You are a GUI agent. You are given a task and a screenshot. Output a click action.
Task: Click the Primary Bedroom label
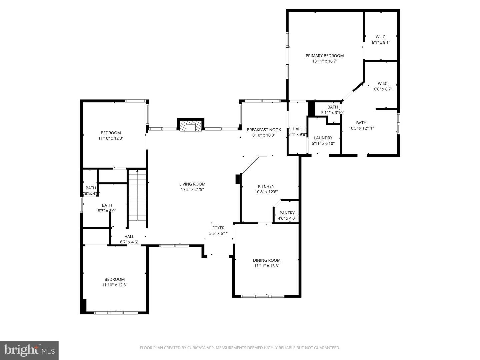324,56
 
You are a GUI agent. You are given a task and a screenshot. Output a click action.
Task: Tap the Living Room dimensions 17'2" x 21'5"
192,190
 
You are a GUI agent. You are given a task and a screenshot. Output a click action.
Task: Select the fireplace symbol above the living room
190,126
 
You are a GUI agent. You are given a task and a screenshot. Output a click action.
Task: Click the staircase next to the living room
137,195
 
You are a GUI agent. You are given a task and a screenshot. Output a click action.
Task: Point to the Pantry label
287,213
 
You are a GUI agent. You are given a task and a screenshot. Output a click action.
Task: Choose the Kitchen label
266,186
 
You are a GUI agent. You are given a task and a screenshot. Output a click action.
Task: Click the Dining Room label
266,260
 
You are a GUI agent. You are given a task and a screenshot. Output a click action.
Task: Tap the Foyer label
218,228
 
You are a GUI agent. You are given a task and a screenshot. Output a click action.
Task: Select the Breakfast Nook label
264,130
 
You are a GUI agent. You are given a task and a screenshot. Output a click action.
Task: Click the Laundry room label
323,138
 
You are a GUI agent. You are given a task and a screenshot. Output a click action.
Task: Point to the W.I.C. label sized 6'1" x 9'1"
381,37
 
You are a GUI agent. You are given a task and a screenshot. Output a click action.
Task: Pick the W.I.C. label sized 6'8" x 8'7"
383,84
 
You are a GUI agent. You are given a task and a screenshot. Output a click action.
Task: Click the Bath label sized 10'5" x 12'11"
361,123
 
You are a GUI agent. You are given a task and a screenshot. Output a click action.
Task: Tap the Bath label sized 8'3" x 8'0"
107,205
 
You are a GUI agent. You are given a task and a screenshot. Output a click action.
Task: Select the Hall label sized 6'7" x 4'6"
129,237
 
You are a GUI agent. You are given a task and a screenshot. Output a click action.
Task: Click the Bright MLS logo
29,350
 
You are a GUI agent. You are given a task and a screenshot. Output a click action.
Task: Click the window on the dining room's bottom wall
263,296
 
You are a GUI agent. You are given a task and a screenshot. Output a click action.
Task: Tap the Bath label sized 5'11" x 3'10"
332,107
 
